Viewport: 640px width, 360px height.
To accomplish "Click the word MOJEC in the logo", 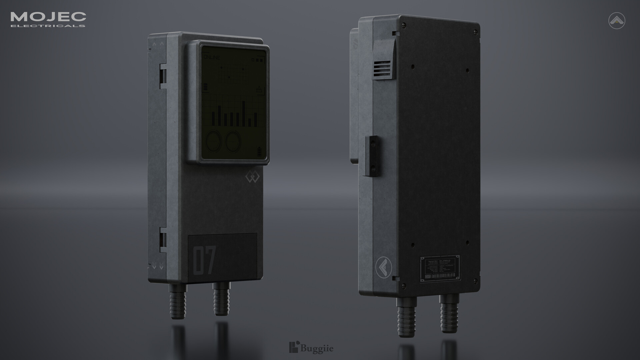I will point(48,16).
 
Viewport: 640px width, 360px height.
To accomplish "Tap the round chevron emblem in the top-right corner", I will point(616,21).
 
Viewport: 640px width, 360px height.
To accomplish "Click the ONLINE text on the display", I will point(212,58).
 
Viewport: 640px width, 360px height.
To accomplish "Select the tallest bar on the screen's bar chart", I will point(244,113).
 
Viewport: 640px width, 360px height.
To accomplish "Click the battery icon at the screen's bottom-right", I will point(260,152).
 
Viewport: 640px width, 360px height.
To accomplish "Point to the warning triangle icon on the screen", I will point(259,89).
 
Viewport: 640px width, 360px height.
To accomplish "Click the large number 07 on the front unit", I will point(205,260).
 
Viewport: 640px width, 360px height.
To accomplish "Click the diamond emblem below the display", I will point(252,178).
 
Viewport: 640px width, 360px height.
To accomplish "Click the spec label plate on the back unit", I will point(440,269).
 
